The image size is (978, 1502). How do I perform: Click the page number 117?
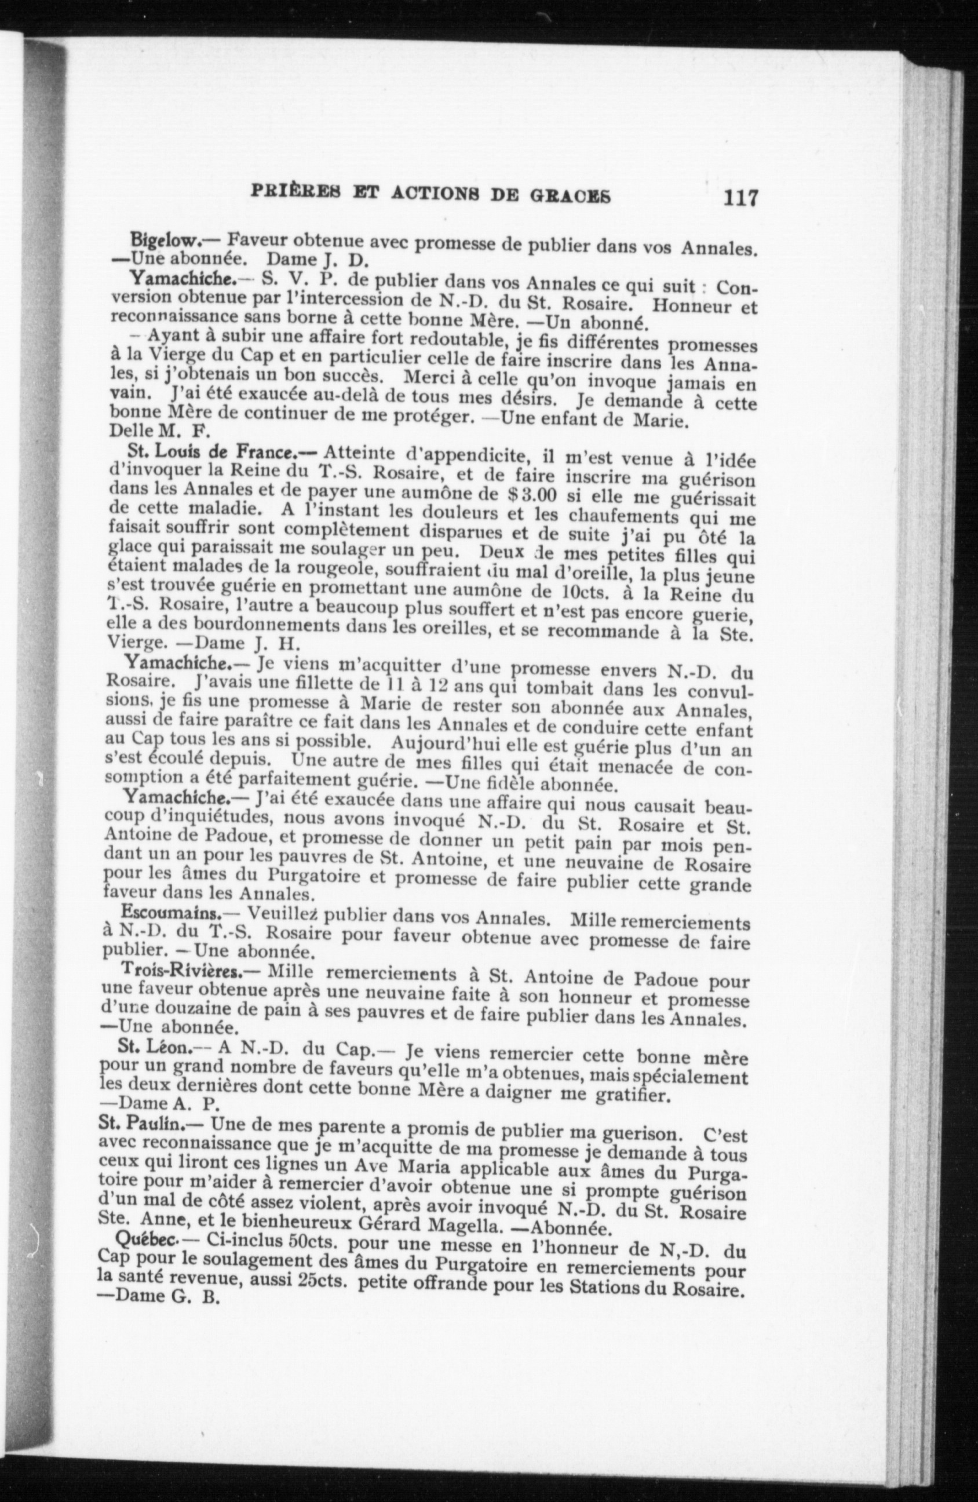click(x=740, y=198)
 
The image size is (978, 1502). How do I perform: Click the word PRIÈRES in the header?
click(x=293, y=192)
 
